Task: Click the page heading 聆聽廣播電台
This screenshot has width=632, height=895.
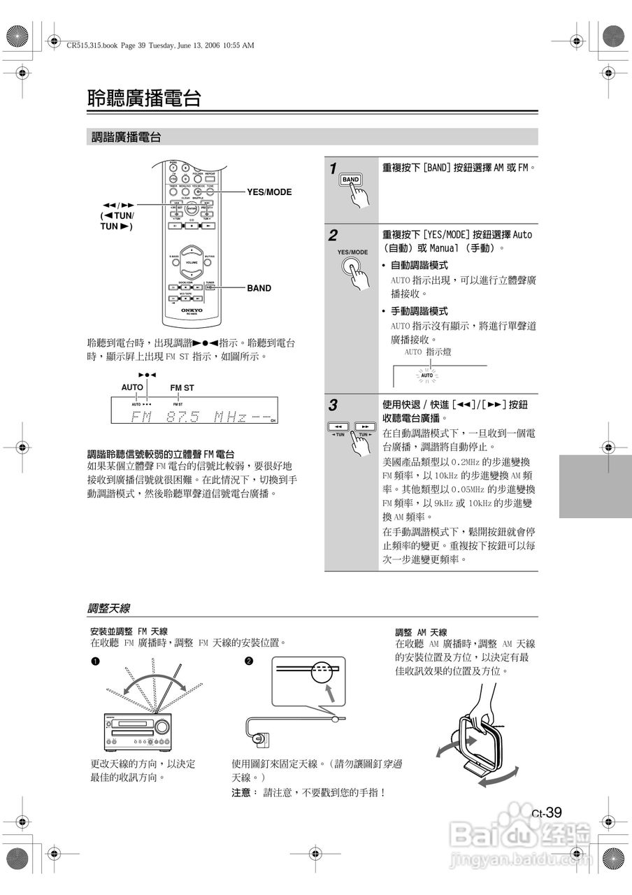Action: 144,99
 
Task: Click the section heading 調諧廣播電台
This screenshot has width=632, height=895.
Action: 127,138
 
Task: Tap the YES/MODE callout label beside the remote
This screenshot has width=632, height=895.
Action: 269,192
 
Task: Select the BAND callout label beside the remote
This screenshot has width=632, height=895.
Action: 259,288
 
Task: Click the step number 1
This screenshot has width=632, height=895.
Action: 333,169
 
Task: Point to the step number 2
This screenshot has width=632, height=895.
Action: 333,235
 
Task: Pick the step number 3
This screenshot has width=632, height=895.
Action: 333,405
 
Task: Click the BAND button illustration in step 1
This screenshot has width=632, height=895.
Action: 350,180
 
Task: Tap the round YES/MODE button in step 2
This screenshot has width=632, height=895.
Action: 351,267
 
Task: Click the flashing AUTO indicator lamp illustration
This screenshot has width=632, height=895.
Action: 427,376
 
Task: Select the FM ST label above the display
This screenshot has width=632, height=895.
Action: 182,387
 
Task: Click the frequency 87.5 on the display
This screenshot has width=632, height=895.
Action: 182,417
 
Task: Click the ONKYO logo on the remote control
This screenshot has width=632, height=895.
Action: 192,309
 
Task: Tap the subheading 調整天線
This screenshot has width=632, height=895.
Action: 108,608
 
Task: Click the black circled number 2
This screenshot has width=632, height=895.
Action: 249,661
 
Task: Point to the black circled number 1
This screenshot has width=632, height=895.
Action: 94,661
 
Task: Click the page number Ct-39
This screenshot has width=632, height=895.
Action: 547,812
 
